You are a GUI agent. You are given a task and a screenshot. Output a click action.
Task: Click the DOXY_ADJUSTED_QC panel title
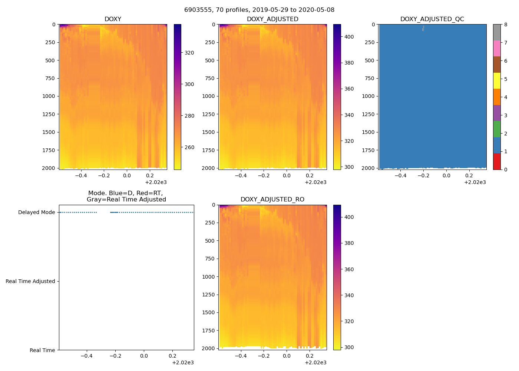coord(432,19)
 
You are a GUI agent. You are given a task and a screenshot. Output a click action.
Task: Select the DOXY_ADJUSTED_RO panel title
coord(272,200)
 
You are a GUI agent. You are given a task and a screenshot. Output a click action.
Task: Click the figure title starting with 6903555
coord(259,10)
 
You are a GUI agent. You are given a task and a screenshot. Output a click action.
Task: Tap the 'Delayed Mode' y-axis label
coord(36,213)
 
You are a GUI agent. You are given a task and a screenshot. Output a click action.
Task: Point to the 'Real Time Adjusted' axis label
coord(30,282)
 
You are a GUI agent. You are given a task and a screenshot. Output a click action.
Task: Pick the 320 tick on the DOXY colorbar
coord(189,53)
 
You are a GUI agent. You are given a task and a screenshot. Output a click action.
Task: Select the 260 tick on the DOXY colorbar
coord(189,147)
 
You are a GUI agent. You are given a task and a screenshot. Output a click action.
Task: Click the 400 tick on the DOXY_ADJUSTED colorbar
coord(349,37)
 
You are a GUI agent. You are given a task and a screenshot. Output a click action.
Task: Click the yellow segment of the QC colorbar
coord(497,81)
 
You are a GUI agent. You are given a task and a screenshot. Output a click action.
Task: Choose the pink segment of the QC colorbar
coord(497,48)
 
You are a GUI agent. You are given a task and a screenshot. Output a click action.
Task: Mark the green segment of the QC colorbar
coord(497,129)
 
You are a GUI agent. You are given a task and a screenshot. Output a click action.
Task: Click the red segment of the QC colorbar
coord(497,161)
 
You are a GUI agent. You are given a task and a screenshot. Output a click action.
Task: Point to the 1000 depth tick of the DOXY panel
coord(49,96)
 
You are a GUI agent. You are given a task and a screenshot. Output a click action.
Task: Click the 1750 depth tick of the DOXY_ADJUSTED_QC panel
coord(368,150)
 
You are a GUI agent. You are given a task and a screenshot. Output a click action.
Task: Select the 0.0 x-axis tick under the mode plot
coord(144,356)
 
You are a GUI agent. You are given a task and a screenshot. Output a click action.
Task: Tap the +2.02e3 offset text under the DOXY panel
coord(156,182)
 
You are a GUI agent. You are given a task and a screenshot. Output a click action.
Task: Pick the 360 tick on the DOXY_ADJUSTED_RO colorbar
coord(349,269)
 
